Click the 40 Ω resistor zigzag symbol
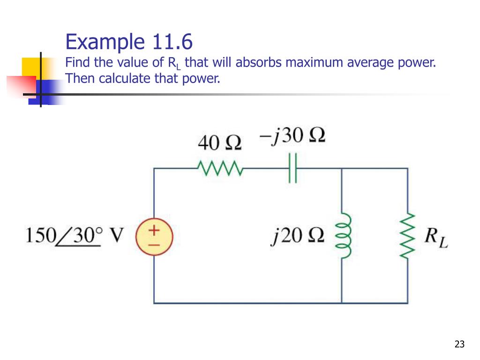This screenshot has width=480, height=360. coord(219,167)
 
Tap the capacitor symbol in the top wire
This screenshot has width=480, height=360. coord(293,167)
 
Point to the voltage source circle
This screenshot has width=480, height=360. coord(154,237)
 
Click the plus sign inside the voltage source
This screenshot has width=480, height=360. coord(154,230)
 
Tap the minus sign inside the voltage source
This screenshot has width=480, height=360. coord(154,244)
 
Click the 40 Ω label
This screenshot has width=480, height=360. coord(219,142)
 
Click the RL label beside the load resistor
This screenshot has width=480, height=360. coord(436,237)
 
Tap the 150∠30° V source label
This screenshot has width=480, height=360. coord(74,235)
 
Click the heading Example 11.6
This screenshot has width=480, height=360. coord(129,42)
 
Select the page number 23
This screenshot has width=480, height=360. coord(459,345)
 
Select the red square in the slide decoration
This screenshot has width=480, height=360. coord(21,87)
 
